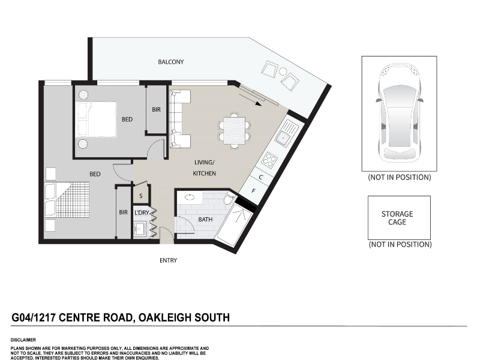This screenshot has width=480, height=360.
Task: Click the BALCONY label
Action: click(171, 62)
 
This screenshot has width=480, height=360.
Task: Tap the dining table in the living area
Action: click(234, 131)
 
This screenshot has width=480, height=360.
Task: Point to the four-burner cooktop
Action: click(269, 160)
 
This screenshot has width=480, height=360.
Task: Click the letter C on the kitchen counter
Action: click(261, 177)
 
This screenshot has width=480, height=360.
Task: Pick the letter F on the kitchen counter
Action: click(253, 191)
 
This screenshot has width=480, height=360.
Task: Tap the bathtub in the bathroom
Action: click(234, 226)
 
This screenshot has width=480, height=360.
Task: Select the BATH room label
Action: click(205, 220)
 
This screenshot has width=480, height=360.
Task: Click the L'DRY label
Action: click(142, 213)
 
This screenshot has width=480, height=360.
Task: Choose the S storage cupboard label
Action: click(141, 196)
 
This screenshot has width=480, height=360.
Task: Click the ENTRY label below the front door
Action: click(169, 260)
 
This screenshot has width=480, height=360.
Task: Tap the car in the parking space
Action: click(399, 113)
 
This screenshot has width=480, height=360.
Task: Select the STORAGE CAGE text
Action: click(397, 218)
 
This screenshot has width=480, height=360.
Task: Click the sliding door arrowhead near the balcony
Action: click(259, 104)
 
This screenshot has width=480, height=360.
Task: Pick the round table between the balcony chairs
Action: click(283, 71)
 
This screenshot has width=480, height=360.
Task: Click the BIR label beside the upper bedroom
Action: click(156, 110)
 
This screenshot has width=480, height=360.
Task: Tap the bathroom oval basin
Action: click(190, 197)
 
